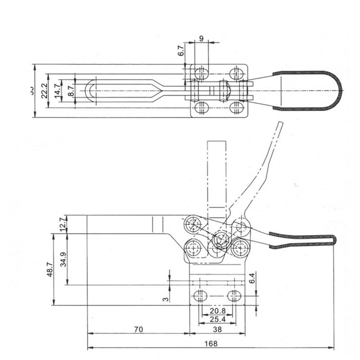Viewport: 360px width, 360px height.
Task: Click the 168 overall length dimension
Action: [x=213, y=343]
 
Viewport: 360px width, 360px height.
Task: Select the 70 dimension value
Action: [x=138, y=329]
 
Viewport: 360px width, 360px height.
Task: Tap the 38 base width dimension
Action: [x=217, y=329]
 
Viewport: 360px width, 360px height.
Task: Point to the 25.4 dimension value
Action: [x=217, y=319]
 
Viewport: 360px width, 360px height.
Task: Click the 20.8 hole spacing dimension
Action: [x=217, y=311]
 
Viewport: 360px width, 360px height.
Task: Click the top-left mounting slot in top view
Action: [x=201, y=73]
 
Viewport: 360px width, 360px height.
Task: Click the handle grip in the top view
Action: [x=306, y=90]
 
